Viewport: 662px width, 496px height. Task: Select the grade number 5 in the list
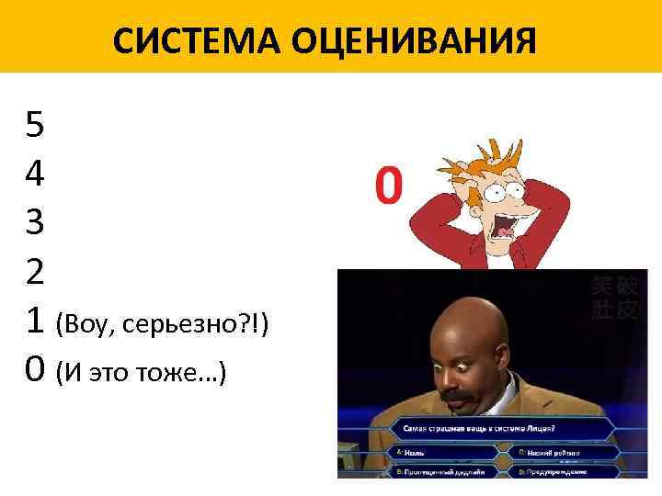coord(35,124)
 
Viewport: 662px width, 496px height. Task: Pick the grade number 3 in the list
coord(35,221)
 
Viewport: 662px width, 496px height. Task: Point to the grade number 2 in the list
coord(35,271)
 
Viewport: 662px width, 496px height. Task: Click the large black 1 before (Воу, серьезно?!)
coord(35,321)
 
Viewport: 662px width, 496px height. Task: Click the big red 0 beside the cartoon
coord(388,186)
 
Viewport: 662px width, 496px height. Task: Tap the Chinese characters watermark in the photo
coord(613,299)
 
